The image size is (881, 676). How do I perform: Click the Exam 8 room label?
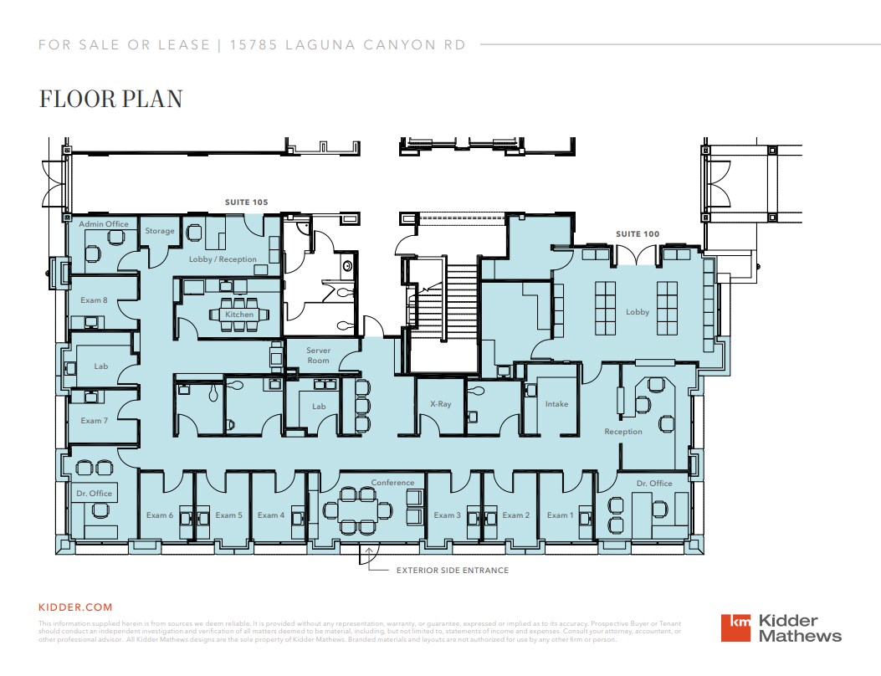(94, 300)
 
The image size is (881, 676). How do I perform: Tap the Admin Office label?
(104, 224)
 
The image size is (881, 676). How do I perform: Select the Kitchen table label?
(239, 315)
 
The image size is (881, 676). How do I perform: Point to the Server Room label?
(318, 356)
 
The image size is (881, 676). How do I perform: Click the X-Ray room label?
(440, 404)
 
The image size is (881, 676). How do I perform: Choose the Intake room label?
(556, 404)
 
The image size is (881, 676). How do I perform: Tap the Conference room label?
(392, 483)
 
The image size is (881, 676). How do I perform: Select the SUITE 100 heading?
(638, 234)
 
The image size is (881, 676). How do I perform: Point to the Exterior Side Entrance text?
(452, 571)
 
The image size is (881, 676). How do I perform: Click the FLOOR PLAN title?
(110, 99)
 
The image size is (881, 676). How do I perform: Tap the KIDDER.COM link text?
(75, 607)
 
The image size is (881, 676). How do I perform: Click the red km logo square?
(736, 628)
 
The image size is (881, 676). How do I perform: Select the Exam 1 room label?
(559, 515)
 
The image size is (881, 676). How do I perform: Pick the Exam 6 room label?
(159, 515)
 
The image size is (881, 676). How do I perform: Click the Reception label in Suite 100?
(623, 432)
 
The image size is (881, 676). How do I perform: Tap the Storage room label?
(160, 231)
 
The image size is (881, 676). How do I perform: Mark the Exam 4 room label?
(270, 515)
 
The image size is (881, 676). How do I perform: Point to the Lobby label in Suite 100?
(638, 312)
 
